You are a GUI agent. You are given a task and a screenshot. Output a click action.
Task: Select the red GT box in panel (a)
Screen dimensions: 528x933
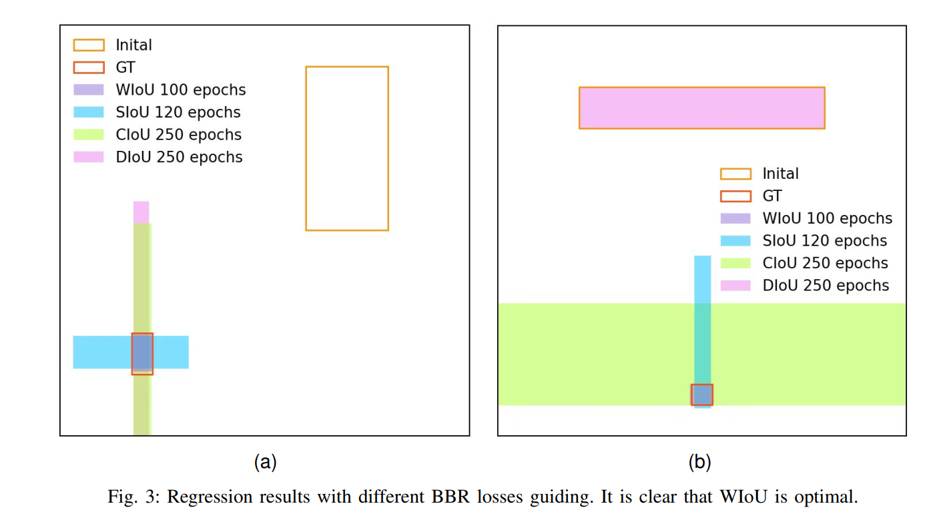[x=142, y=354]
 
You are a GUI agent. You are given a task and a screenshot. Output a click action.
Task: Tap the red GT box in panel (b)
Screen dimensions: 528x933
[x=701, y=394]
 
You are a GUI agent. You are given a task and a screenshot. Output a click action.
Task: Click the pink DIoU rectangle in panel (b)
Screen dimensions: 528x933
[x=701, y=107]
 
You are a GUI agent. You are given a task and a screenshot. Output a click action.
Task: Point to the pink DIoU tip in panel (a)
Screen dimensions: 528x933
[x=141, y=212]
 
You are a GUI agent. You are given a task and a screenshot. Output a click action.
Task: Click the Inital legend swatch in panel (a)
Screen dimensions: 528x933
[x=88, y=45]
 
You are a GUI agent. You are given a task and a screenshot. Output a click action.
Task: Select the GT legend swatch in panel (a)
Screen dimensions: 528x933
[x=88, y=67]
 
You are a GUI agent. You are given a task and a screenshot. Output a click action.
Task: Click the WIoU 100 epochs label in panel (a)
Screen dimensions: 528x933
[x=180, y=90]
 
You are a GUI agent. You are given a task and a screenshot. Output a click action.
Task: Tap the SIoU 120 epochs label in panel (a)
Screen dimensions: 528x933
[x=178, y=112]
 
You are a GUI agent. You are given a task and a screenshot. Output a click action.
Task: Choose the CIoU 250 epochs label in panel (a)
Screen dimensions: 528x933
[x=178, y=135]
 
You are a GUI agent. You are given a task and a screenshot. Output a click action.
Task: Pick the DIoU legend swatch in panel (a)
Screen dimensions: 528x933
[x=88, y=157]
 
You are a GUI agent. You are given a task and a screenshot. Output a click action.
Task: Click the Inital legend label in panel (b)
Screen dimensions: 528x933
[x=780, y=174]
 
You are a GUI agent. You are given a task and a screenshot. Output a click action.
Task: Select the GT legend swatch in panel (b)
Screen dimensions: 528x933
[x=735, y=196]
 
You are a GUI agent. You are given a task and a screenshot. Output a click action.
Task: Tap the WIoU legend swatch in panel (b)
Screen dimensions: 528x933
[x=735, y=218]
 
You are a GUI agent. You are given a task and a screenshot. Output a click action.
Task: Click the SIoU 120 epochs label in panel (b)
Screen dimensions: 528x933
[x=825, y=241]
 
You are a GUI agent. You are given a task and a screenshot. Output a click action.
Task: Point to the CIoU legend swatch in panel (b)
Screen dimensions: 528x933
[x=735, y=263]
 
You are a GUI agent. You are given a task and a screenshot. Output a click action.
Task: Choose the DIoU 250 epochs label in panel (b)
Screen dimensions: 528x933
[x=826, y=286]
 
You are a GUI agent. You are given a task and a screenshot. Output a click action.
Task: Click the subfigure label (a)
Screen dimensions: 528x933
[x=265, y=462]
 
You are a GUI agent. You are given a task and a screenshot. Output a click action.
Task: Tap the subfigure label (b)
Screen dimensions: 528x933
[x=699, y=462]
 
